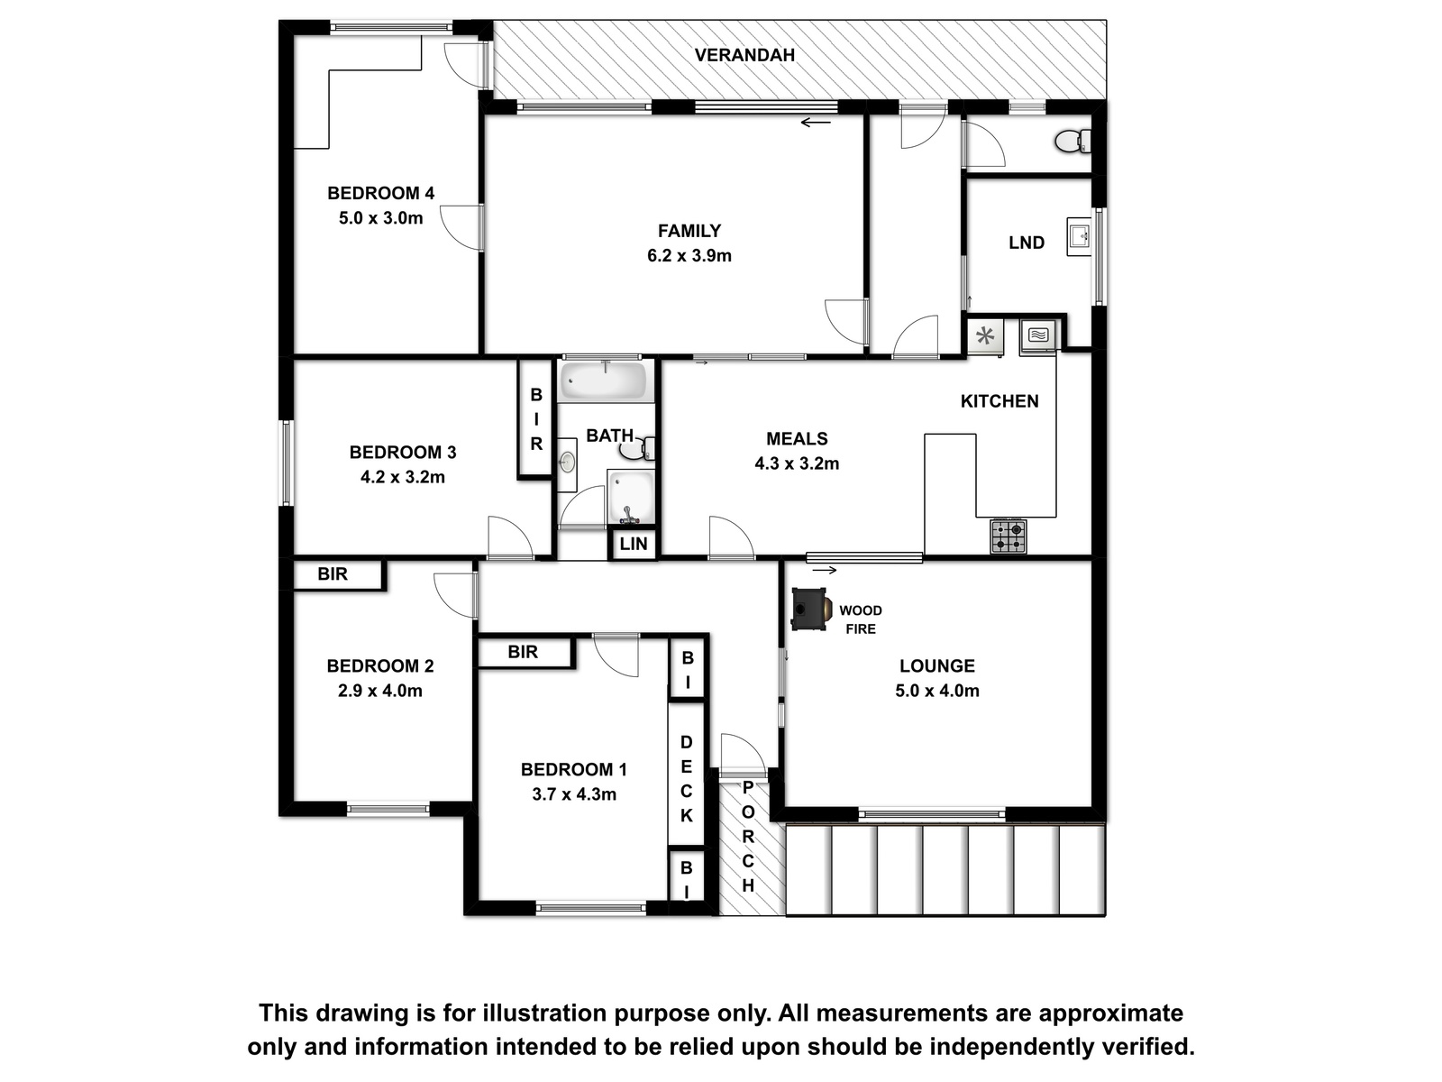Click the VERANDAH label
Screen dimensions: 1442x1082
pos(744,55)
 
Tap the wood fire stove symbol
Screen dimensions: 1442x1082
pos(810,610)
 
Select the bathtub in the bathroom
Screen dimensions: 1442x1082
pos(606,381)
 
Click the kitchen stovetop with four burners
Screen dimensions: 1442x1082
pos(1008,536)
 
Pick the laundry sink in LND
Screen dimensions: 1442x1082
pos(1078,236)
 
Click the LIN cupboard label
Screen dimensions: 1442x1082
pos(634,544)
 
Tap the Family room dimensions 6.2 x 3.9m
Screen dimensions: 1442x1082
pos(689,255)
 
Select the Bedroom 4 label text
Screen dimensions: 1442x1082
pos(380,193)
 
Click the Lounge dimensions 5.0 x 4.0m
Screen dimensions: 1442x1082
pos(936,691)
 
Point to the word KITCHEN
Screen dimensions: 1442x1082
pos(999,401)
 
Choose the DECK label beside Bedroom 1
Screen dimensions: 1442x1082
pos(687,778)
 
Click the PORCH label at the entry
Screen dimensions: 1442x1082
pos(748,837)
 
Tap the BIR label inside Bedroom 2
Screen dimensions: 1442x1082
pos(333,574)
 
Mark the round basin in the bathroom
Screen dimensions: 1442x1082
pos(567,463)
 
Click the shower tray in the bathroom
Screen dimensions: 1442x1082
pos(631,497)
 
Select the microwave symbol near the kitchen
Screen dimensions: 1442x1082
pos(1038,335)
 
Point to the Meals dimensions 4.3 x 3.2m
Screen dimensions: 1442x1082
pos(797,463)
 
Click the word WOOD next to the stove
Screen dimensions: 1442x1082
pos(861,610)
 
